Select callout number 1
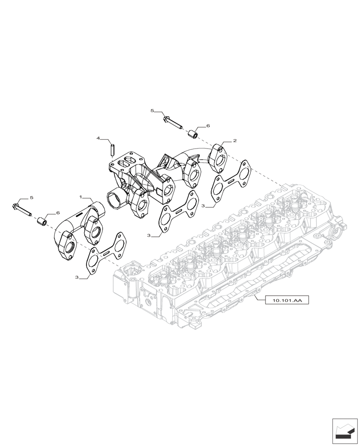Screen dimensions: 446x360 pyautogui.click(x=81, y=197)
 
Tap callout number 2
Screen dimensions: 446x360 pyautogui.click(x=234, y=140)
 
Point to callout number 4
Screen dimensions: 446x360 pyautogui.click(x=98, y=139)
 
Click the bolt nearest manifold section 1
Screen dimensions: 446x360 pyautogui.click(x=22, y=209)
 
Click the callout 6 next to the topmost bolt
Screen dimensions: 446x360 pyautogui.click(x=207, y=126)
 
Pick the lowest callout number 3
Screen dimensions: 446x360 pyautogui.click(x=77, y=277)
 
